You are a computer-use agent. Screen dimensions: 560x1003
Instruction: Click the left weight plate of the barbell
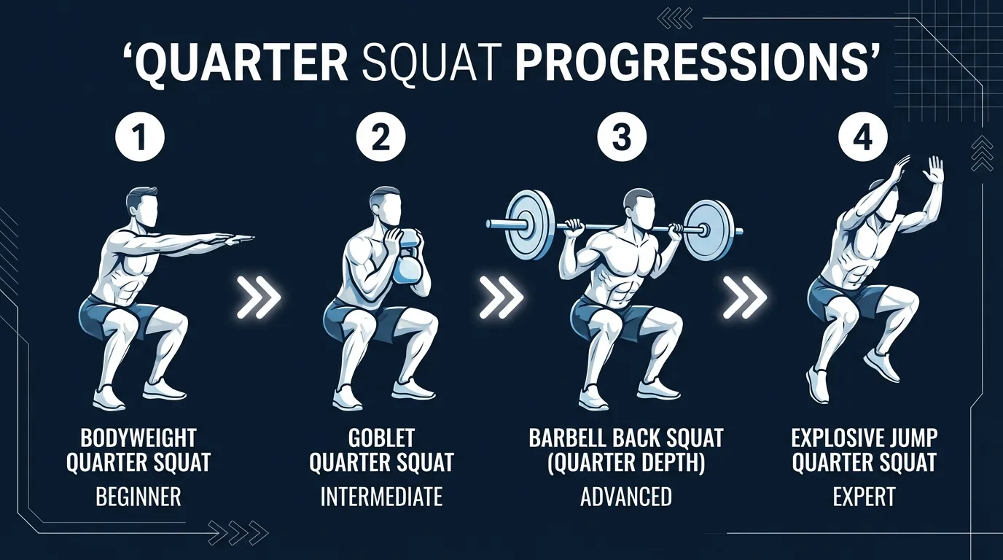coord(530,225)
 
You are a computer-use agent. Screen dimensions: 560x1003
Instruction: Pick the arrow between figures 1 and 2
coord(259,297)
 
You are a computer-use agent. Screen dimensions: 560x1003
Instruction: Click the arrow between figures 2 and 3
coord(501,297)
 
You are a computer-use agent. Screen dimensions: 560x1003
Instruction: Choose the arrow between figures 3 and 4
coord(744,297)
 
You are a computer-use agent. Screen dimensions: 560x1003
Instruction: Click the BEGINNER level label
coord(138,497)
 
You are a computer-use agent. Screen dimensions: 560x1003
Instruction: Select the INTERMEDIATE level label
coord(381,497)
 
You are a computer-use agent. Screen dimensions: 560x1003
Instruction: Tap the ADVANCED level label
coord(626,497)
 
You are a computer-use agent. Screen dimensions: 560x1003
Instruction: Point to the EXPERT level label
coord(865,497)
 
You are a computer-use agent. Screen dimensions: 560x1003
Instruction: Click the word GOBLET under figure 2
coord(381,438)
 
